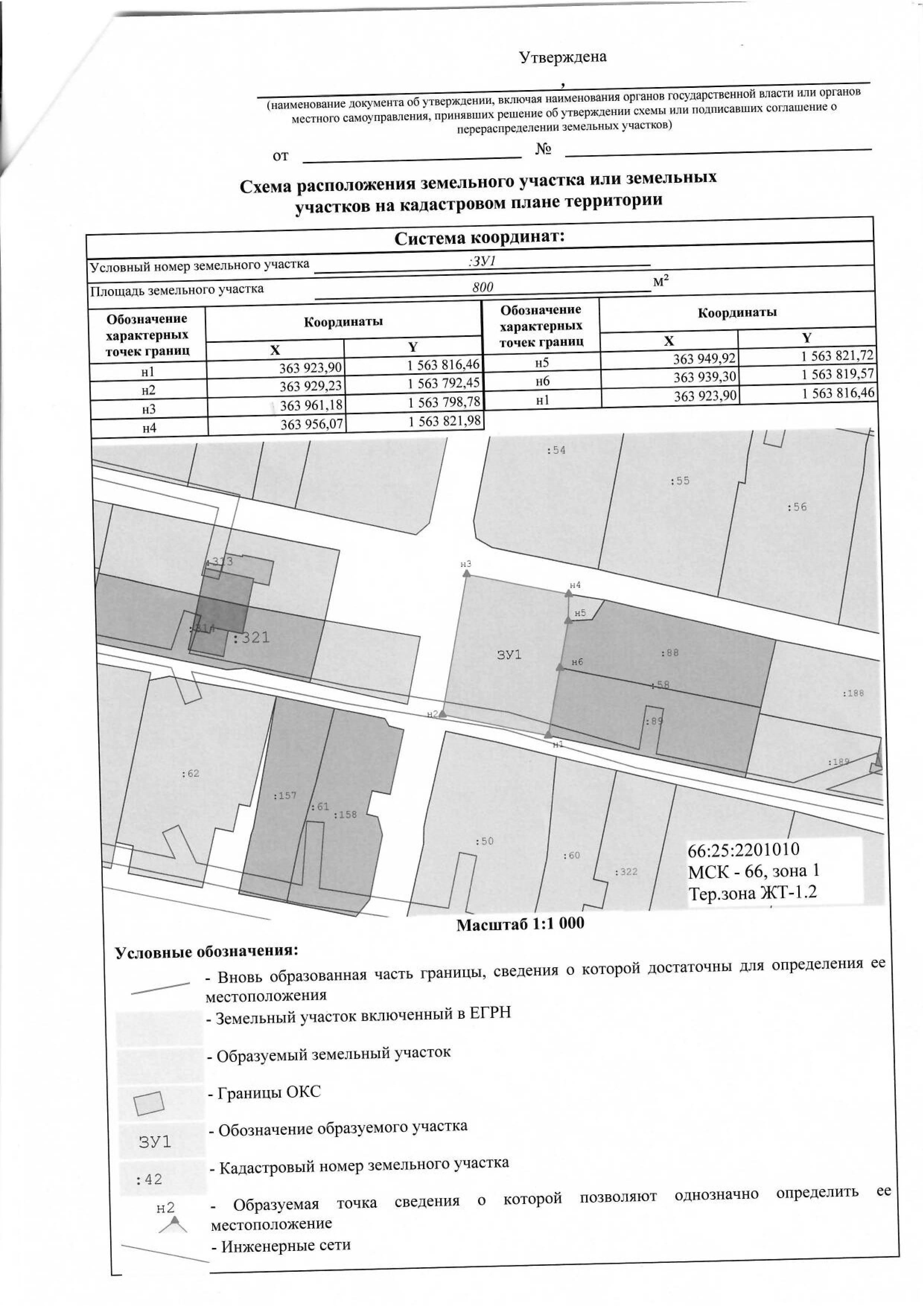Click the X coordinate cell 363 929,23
pyautogui.click(x=311, y=386)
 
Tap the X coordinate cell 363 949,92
pyautogui.click(x=704, y=359)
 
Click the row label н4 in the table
pyautogui.click(x=149, y=428)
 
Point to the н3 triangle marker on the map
pyautogui.click(x=467, y=574)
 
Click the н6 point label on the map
pyautogui.click(x=577, y=662)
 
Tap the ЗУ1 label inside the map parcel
pyautogui.click(x=509, y=655)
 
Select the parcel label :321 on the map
pyautogui.click(x=251, y=638)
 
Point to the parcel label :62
pyautogui.click(x=190, y=773)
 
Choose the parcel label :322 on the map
pyautogui.click(x=626, y=872)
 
